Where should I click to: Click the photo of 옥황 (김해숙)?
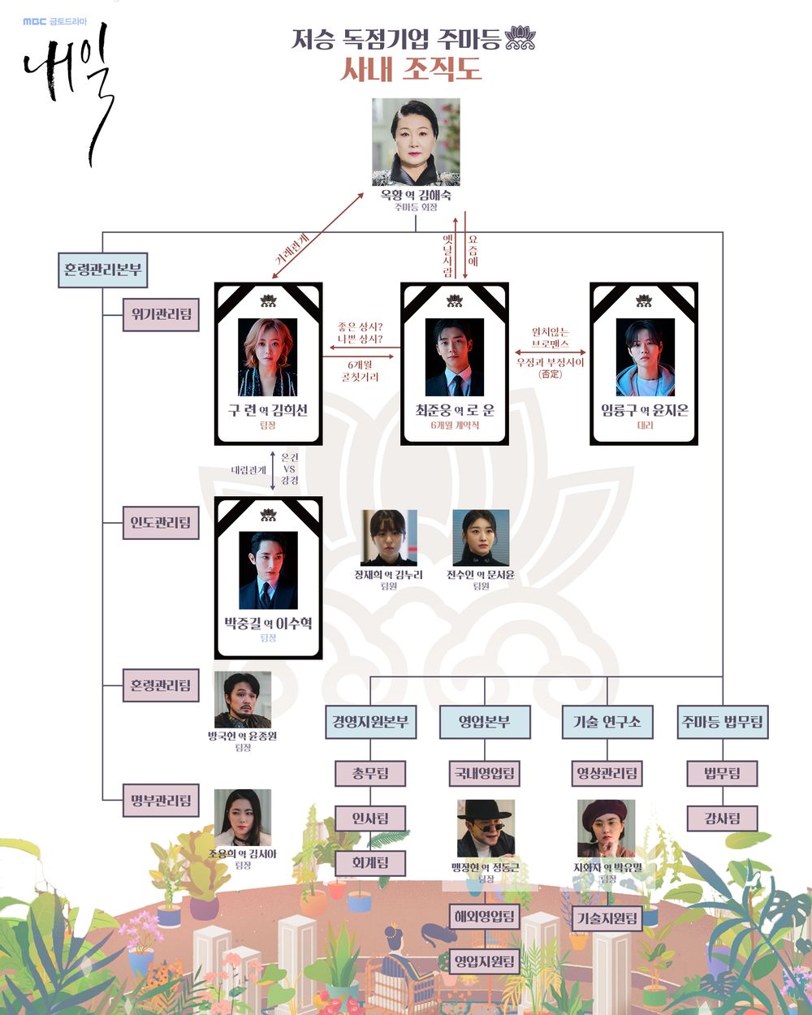click(x=416, y=142)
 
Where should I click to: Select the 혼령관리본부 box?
click(x=102, y=270)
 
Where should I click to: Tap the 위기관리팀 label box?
click(x=161, y=314)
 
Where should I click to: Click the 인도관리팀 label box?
click(x=161, y=523)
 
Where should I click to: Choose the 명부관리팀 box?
click(x=161, y=801)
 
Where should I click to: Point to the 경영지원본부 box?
click(x=370, y=721)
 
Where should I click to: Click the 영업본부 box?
click(x=484, y=721)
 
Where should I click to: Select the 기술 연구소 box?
click(x=607, y=721)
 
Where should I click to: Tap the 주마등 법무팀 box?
click(x=722, y=721)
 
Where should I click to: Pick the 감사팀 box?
click(x=722, y=818)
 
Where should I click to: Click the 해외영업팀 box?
click(x=484, y=917)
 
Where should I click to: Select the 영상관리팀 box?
click(x=607, y=773)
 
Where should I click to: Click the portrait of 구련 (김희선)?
click(x=268, y=357)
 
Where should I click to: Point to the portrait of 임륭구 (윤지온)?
click(x=645, y=357)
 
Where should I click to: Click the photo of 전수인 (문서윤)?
click(x=481, y=538)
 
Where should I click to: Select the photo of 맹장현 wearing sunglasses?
click(x=485, y=828)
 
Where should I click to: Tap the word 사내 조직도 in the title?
click(x=411, y=69)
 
